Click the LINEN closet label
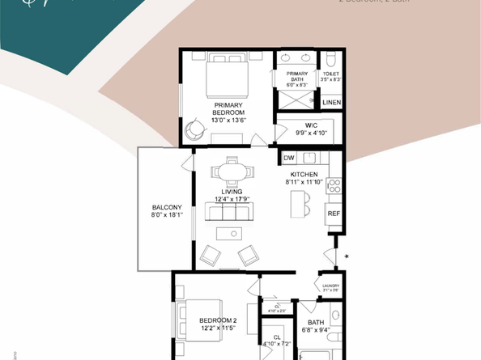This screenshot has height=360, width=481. point(331,103)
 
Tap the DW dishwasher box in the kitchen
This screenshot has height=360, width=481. point(289,158)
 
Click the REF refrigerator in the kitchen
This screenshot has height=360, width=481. point(333,214)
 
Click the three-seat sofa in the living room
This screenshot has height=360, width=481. point(229,213)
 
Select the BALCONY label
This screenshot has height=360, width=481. point(167,208)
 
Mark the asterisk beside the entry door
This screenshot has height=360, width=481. point(347,258)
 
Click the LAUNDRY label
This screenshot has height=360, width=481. point(330,286)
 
